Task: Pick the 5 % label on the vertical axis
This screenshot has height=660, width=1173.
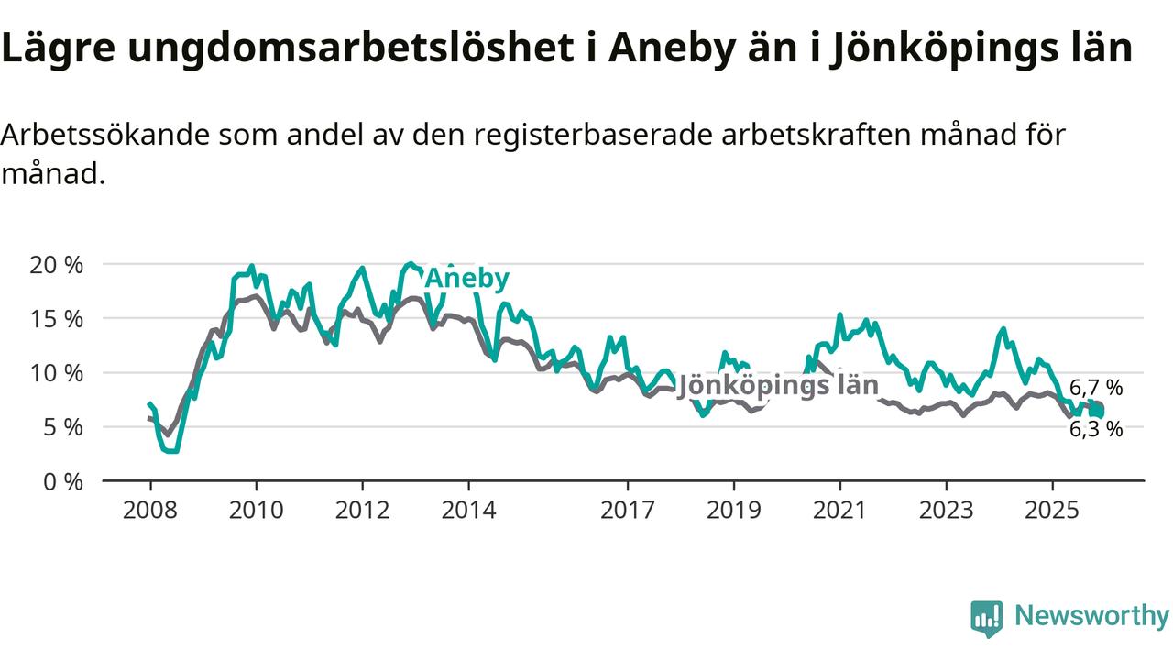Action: pyautogui.click(x=64, y=427)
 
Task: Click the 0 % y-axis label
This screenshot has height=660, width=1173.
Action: pyautogui.click(x=64, y=481)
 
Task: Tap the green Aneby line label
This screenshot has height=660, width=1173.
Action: pyautogui.click(x=466, y=279)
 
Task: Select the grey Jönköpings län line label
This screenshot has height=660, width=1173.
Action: pyautogui.click(x=777, y=386)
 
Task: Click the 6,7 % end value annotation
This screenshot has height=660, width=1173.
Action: pyautogui.click(x=1096, y=388)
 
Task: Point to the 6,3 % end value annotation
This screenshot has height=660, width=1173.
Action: pyautogui.click(x=1096, y=429)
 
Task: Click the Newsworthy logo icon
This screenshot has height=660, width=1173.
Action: pyautogui.click(x=987, y=618)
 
